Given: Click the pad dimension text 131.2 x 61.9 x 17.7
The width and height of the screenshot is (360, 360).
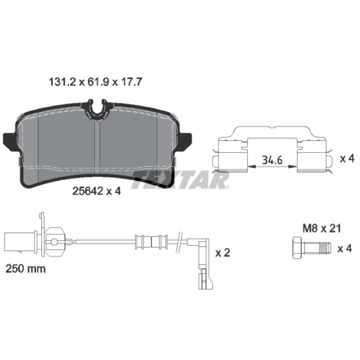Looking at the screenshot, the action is click(95, 82).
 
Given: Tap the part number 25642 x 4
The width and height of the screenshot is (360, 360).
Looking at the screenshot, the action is click(96, 191).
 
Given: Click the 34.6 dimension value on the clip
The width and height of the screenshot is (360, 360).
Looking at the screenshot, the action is click(272, 160).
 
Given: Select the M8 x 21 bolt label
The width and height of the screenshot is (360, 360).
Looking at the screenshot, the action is click(322, 229).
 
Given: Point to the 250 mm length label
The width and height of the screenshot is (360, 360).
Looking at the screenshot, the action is click(26, 269).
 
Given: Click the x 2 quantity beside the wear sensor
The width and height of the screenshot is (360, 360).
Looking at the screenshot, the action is click(223, 253).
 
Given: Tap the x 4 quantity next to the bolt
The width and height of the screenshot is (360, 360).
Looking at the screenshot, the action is click(345, 248).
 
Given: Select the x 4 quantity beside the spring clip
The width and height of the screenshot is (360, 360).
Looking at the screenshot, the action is click(347, 159).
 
